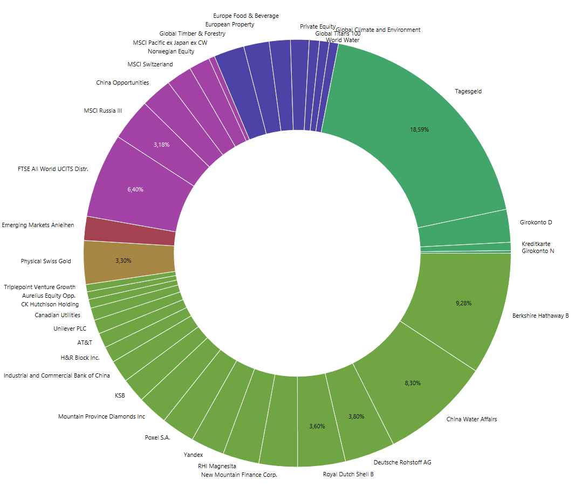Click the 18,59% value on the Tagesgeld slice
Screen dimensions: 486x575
coord(419,129)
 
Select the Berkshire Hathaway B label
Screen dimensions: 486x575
coord(540,316)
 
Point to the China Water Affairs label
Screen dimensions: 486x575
coord(471,419)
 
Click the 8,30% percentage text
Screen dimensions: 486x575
coord(413,383)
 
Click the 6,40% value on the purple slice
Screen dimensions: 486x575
coord(135,189)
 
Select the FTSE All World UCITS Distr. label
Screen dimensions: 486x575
coord(53,169)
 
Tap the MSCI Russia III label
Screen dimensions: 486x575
coord(102,111)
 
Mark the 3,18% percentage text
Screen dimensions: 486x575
coord(161,145)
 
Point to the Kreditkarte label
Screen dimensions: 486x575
coord(536,244)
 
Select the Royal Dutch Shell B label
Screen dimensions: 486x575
coord(348,474)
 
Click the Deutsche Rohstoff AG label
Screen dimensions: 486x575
coord(402,462)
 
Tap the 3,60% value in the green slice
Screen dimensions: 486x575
coord(317,426)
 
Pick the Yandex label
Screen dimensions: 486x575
coord(193,455)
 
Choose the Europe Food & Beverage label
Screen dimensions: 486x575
coord(246,16)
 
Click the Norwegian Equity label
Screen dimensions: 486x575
coord(171,52)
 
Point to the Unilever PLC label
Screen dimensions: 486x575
coord(70,328)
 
